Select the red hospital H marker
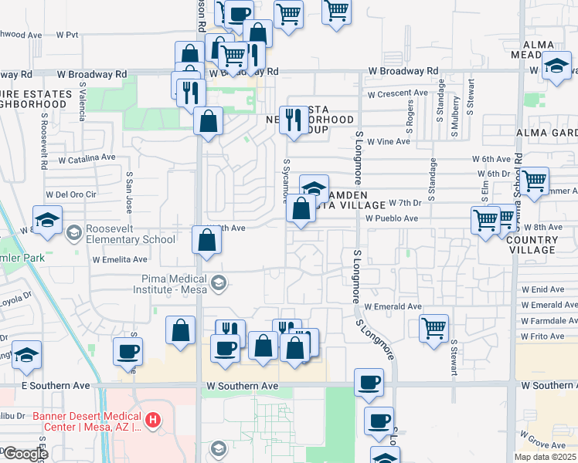click(154, 420)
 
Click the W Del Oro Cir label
click(72, 194)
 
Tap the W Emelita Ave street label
click(119, 260)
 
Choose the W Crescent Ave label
click(397, 93)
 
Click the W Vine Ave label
click(388, 142)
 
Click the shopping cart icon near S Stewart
click(434, 326)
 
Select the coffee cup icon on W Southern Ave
click(369, 381)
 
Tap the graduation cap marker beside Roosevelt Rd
click(48, 219)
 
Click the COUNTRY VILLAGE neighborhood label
click(532, 245)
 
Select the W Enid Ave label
click(548, 289)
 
